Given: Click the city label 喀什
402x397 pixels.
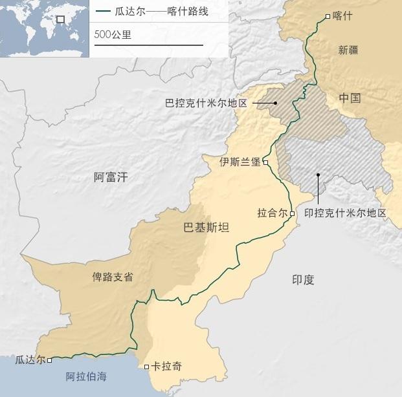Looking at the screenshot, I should [342, 16].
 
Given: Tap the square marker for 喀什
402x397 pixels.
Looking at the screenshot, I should [328, 16].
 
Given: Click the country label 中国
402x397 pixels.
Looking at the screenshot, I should [350, 98].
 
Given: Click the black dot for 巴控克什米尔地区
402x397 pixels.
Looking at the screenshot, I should [275, 103].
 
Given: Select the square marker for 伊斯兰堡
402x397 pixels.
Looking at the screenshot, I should [265, 162].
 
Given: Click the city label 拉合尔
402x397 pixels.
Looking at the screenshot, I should [272, 213].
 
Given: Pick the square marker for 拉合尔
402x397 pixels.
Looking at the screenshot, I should [292, 213].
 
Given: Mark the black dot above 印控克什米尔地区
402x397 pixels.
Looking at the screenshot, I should [318, 175].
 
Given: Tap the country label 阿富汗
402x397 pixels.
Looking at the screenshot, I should [111, 177].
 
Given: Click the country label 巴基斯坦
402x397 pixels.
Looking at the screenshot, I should [206, 228].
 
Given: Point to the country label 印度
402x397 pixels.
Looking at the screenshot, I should [303, 279].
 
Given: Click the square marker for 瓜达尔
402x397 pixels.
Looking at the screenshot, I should [50, 360].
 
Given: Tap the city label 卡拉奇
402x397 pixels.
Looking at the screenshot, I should [166, 367].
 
